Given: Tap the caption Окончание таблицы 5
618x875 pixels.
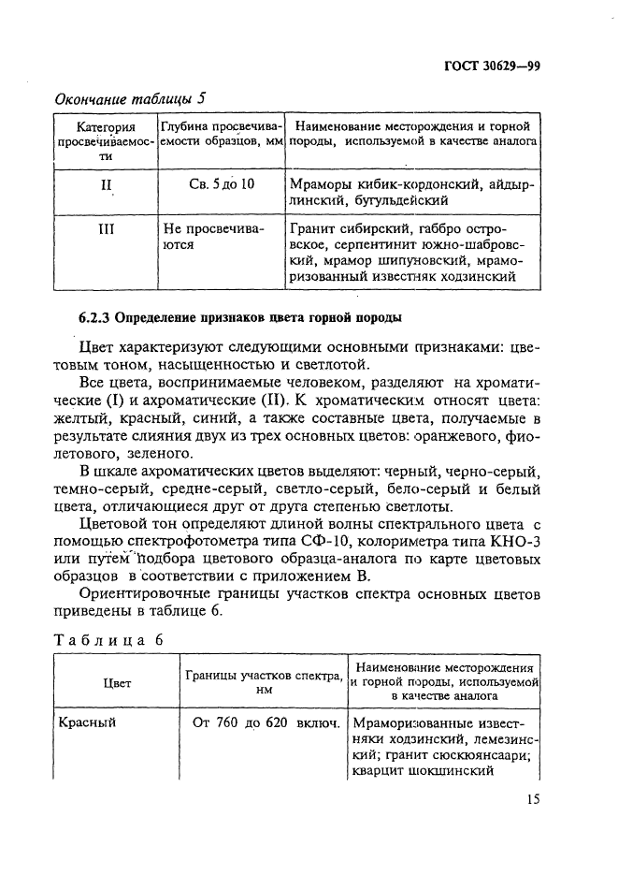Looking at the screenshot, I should [x=130, y=98].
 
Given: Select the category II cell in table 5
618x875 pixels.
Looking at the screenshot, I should [x=106, y=184].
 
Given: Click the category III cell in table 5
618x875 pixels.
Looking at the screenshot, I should [x=106, y=228].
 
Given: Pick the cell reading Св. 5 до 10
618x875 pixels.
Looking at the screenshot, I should [x=220, y=183].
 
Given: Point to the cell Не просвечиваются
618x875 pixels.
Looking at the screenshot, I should [x=213, y=236].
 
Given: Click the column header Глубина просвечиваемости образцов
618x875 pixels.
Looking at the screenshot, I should [x=221, y=133].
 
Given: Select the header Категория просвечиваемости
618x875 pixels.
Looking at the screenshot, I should [x=106, y=141].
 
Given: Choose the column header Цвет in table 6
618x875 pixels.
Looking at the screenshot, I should [x=116, y=683].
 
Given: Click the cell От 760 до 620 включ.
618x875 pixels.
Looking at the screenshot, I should [x=265, y=722].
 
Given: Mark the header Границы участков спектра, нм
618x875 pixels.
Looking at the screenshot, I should [x=263, y=682].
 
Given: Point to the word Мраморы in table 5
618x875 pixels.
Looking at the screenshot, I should [x=323, y=183].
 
